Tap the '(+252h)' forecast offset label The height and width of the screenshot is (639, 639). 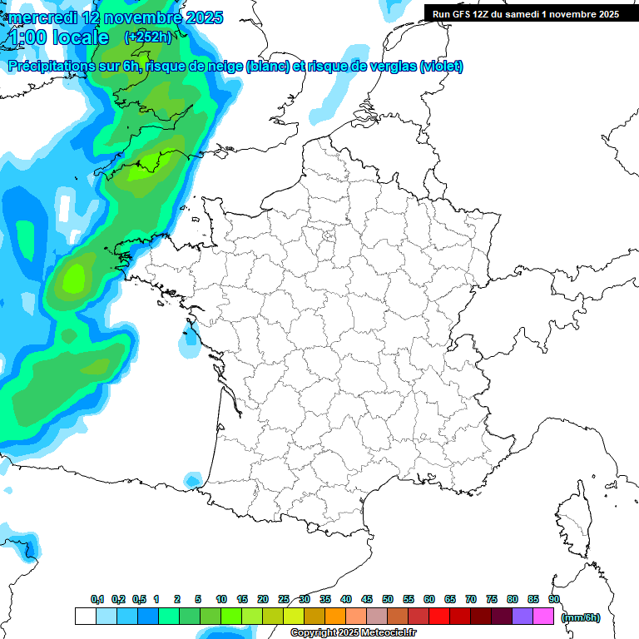[x=147, y=37]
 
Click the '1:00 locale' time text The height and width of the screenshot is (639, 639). [x=59, y=37]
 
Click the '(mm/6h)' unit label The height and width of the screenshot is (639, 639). [x=581, y=617]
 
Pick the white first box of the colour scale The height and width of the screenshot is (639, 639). [x=85, y=617]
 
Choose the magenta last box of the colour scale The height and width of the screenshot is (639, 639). [x=543, y=617]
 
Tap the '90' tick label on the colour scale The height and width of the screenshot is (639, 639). [x=554, y=599]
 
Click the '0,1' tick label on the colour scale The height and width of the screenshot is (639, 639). [x=97, y=599]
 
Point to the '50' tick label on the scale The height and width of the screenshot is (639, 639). [x=388, y=599]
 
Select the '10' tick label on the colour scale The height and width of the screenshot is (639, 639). [x=221, y=599]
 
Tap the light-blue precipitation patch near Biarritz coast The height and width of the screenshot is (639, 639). [x=193, y=480]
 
